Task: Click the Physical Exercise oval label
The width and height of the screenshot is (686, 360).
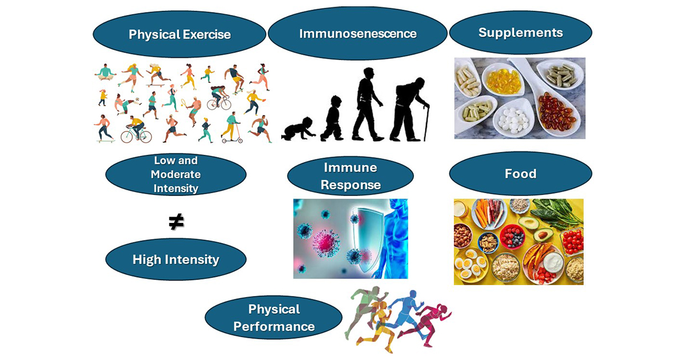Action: [180, 34]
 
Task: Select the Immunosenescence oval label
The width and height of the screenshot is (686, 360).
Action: [357, 33]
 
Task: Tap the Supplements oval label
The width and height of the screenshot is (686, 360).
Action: [520, 33]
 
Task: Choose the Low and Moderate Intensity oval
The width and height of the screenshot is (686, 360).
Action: [176, 174]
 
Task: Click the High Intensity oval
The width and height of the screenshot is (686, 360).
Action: [176, 259]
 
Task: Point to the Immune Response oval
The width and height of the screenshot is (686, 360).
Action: [350, 176]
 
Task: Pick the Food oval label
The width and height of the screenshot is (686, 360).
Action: [520, 173]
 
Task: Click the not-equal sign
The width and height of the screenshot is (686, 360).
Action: [176, 222]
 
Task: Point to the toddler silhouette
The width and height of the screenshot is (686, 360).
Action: [332, 119]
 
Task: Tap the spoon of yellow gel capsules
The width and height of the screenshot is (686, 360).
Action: [503, 80]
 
